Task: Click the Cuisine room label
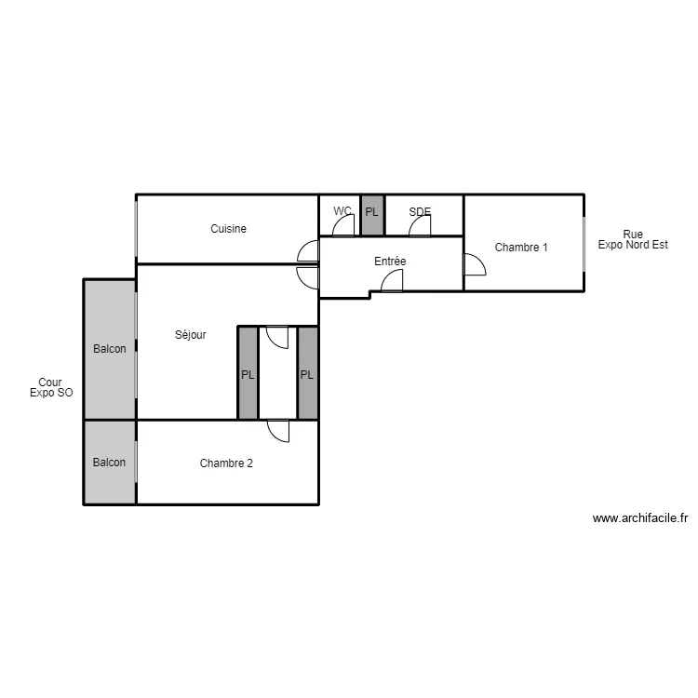(228, 229)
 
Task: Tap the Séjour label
(191, 335)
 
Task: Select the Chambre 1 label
(521, 248)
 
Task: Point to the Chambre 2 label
(226, 463)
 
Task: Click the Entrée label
(390, 262)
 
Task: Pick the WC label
(342, 210)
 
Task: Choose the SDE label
(420, 212)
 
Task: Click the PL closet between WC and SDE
(372, 215)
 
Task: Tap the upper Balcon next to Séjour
(110, 349)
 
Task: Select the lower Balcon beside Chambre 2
(110, 463)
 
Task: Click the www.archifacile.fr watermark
(640, 518)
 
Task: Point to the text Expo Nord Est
(633, 245)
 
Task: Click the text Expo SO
(51, 393)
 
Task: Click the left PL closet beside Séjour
(248, 373)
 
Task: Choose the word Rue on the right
(633, 235)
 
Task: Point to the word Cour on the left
(50, 383)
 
